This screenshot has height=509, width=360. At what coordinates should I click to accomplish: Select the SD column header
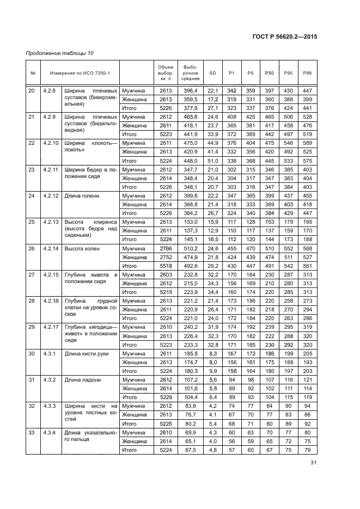tap(212, 73)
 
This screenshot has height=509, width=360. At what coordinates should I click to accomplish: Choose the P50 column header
tap(269, 73)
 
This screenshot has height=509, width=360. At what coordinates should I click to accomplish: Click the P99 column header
tap(307, 73)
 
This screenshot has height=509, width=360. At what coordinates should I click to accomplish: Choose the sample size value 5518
tap(165, 266)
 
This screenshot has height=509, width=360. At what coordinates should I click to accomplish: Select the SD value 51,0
tap(212, 161)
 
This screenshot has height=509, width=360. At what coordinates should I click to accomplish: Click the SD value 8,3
tap(213, 354)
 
